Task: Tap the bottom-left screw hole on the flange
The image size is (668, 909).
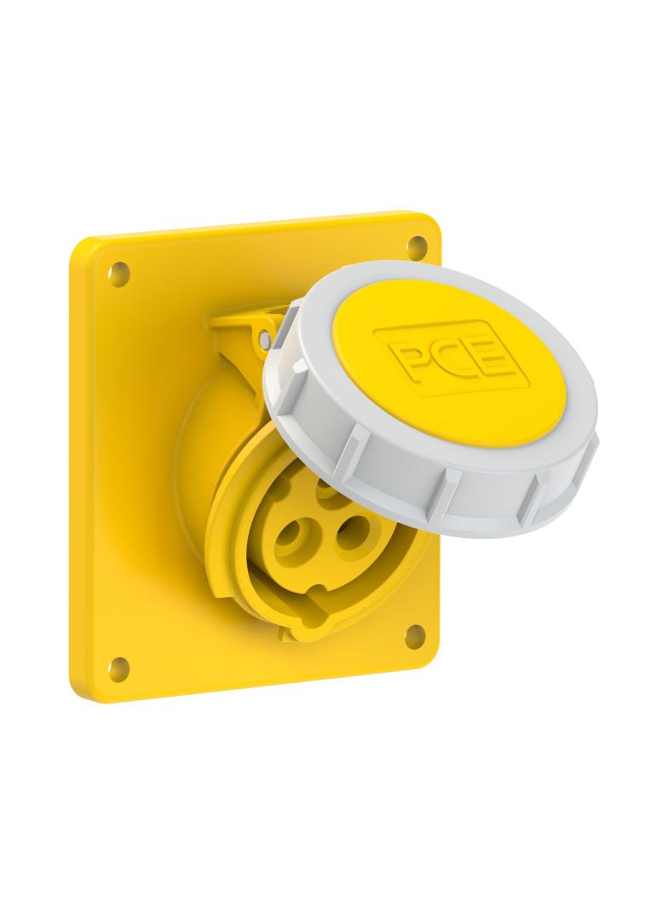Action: (x=118, y=663)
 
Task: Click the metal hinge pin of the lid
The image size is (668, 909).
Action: (x=265, y=335)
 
